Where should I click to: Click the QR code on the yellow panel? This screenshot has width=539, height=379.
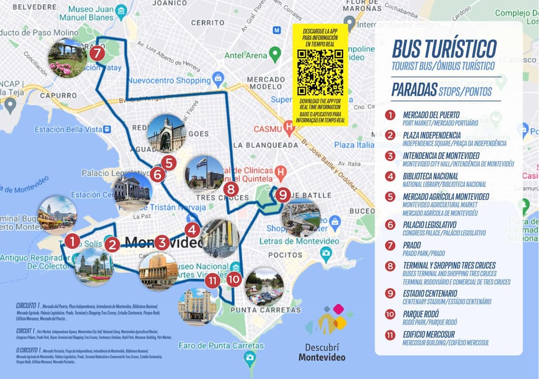click(320, 72)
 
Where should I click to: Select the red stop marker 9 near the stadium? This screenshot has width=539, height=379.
click(283, 194)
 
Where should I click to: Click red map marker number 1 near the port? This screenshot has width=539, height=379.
click(72, 241)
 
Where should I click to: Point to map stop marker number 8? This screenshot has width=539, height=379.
click(231, 190)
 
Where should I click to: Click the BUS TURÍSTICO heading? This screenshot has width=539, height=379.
click(436, 47)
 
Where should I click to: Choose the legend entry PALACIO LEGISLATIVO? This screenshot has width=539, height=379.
click(429, 224)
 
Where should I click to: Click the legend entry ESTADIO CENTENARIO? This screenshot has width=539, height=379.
click(430, 293)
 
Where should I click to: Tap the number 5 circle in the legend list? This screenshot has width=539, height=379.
click(390, 197)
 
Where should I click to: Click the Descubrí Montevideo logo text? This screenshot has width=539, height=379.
click(322, 352)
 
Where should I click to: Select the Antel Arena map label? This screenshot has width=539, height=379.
click(246, 56)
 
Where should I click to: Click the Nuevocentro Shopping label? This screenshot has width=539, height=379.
click(170, 81)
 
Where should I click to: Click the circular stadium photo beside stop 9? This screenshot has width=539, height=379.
click(301, 217)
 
